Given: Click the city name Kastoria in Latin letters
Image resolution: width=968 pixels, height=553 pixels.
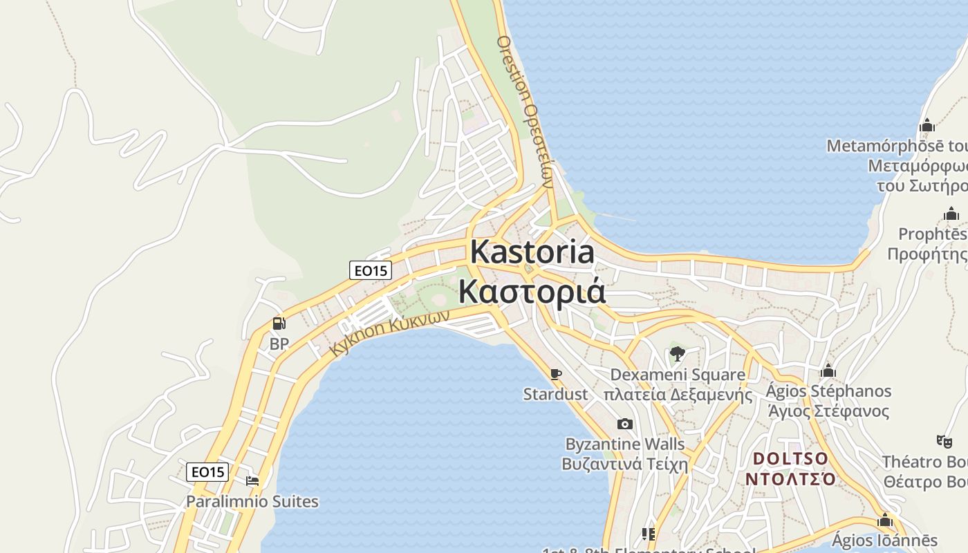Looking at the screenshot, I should (532, 253).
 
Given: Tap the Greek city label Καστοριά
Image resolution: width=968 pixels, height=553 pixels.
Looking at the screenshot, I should (532, 291).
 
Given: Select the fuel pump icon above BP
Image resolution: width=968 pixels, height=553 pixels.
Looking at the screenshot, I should (279, 323).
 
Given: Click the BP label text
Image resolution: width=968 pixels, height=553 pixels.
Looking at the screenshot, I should (279, 344).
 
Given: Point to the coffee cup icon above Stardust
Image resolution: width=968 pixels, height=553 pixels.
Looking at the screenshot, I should (555, 374).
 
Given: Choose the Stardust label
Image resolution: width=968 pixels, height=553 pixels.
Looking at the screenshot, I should (555, 395).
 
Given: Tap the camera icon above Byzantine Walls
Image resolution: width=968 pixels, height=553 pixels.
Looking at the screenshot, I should (624, 424).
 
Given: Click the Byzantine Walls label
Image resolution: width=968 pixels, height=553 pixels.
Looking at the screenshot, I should (625, 444).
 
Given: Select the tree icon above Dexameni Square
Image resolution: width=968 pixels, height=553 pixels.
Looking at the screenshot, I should (677, 355).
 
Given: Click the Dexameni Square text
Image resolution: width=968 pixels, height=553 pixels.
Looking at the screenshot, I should (678, 375).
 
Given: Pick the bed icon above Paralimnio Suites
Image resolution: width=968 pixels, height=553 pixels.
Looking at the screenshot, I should (252, 481).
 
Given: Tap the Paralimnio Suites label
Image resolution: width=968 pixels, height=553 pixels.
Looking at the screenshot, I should (252, 501).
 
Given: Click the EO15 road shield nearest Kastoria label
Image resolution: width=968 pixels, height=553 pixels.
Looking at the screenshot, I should (371, 270).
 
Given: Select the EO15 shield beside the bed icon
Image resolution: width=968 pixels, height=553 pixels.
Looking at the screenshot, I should (208, 472).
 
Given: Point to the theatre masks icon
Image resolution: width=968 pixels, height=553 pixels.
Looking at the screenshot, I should (944, 440).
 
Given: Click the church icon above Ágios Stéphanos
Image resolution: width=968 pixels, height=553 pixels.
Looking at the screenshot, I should (828, 371).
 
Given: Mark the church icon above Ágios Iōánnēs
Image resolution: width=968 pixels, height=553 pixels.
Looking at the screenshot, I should (884, 521).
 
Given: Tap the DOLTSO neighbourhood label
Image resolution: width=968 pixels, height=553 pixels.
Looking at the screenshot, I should (790, 458).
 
